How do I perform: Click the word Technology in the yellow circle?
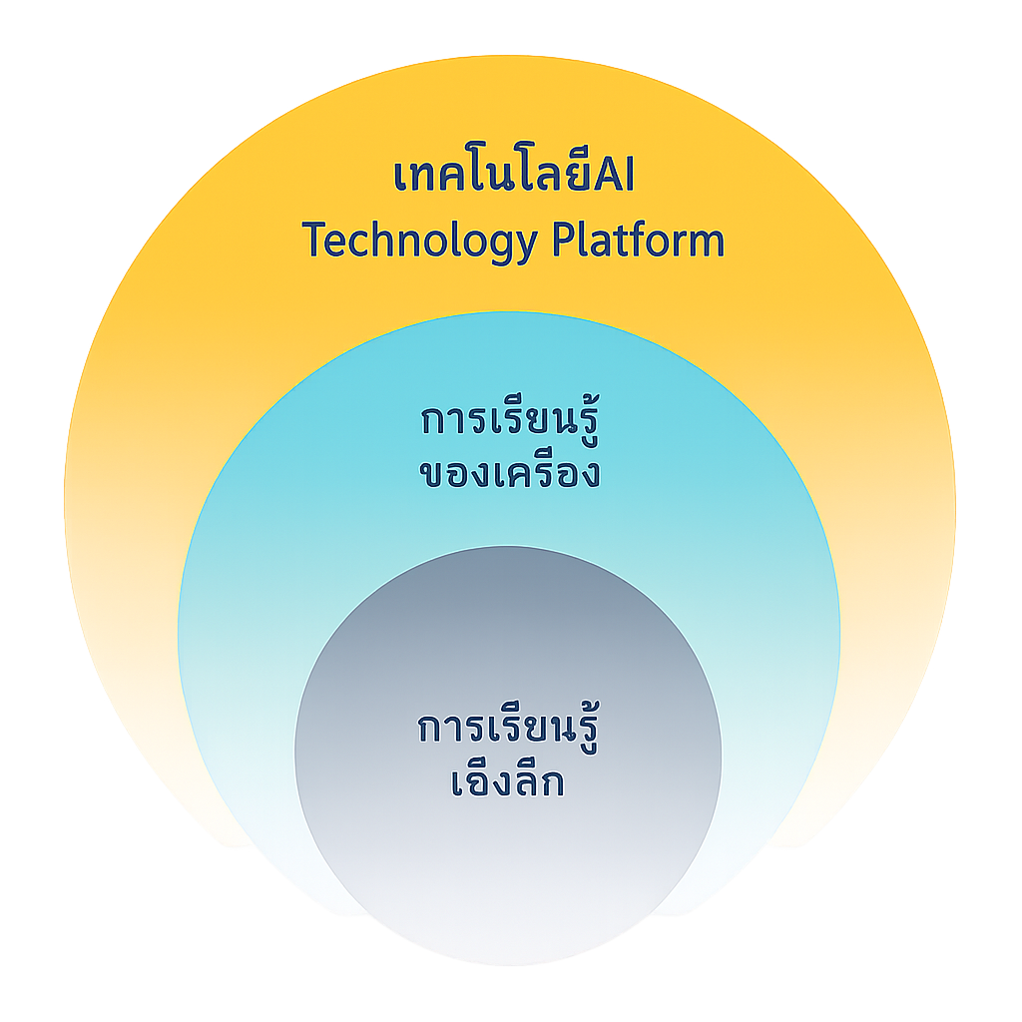point(420,242)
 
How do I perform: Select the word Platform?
point(638,240)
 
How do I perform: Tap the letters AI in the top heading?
point(614,175)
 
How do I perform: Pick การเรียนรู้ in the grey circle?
point(508,727)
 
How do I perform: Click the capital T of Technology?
point(314,239)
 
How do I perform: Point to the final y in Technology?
point(527,248)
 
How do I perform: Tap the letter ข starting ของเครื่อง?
point(432,474)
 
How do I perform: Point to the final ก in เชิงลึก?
point(551,783)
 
